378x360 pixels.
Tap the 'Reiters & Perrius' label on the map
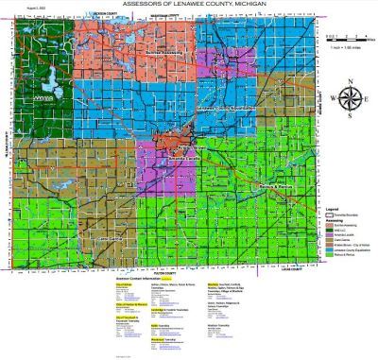point(275,187)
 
